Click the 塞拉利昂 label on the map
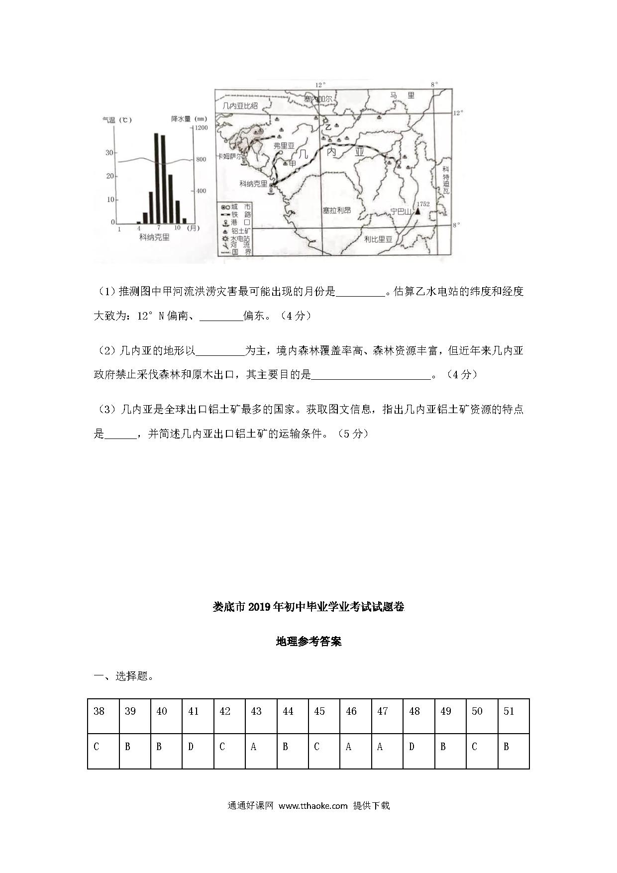pos(336,211)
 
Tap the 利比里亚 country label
pos(378,239)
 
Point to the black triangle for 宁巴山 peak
pos(417,211)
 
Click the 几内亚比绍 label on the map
pos(240,106)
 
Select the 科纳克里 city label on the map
pos(253,184)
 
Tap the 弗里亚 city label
pos(284,145)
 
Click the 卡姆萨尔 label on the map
pos(230,156)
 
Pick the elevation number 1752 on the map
pos(423,204)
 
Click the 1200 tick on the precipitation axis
pos(201,128)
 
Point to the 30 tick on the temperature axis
pos(109,153)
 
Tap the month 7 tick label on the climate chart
pos(159,228)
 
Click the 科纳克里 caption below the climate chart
pos(154,237)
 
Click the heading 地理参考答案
pos(308,642)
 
